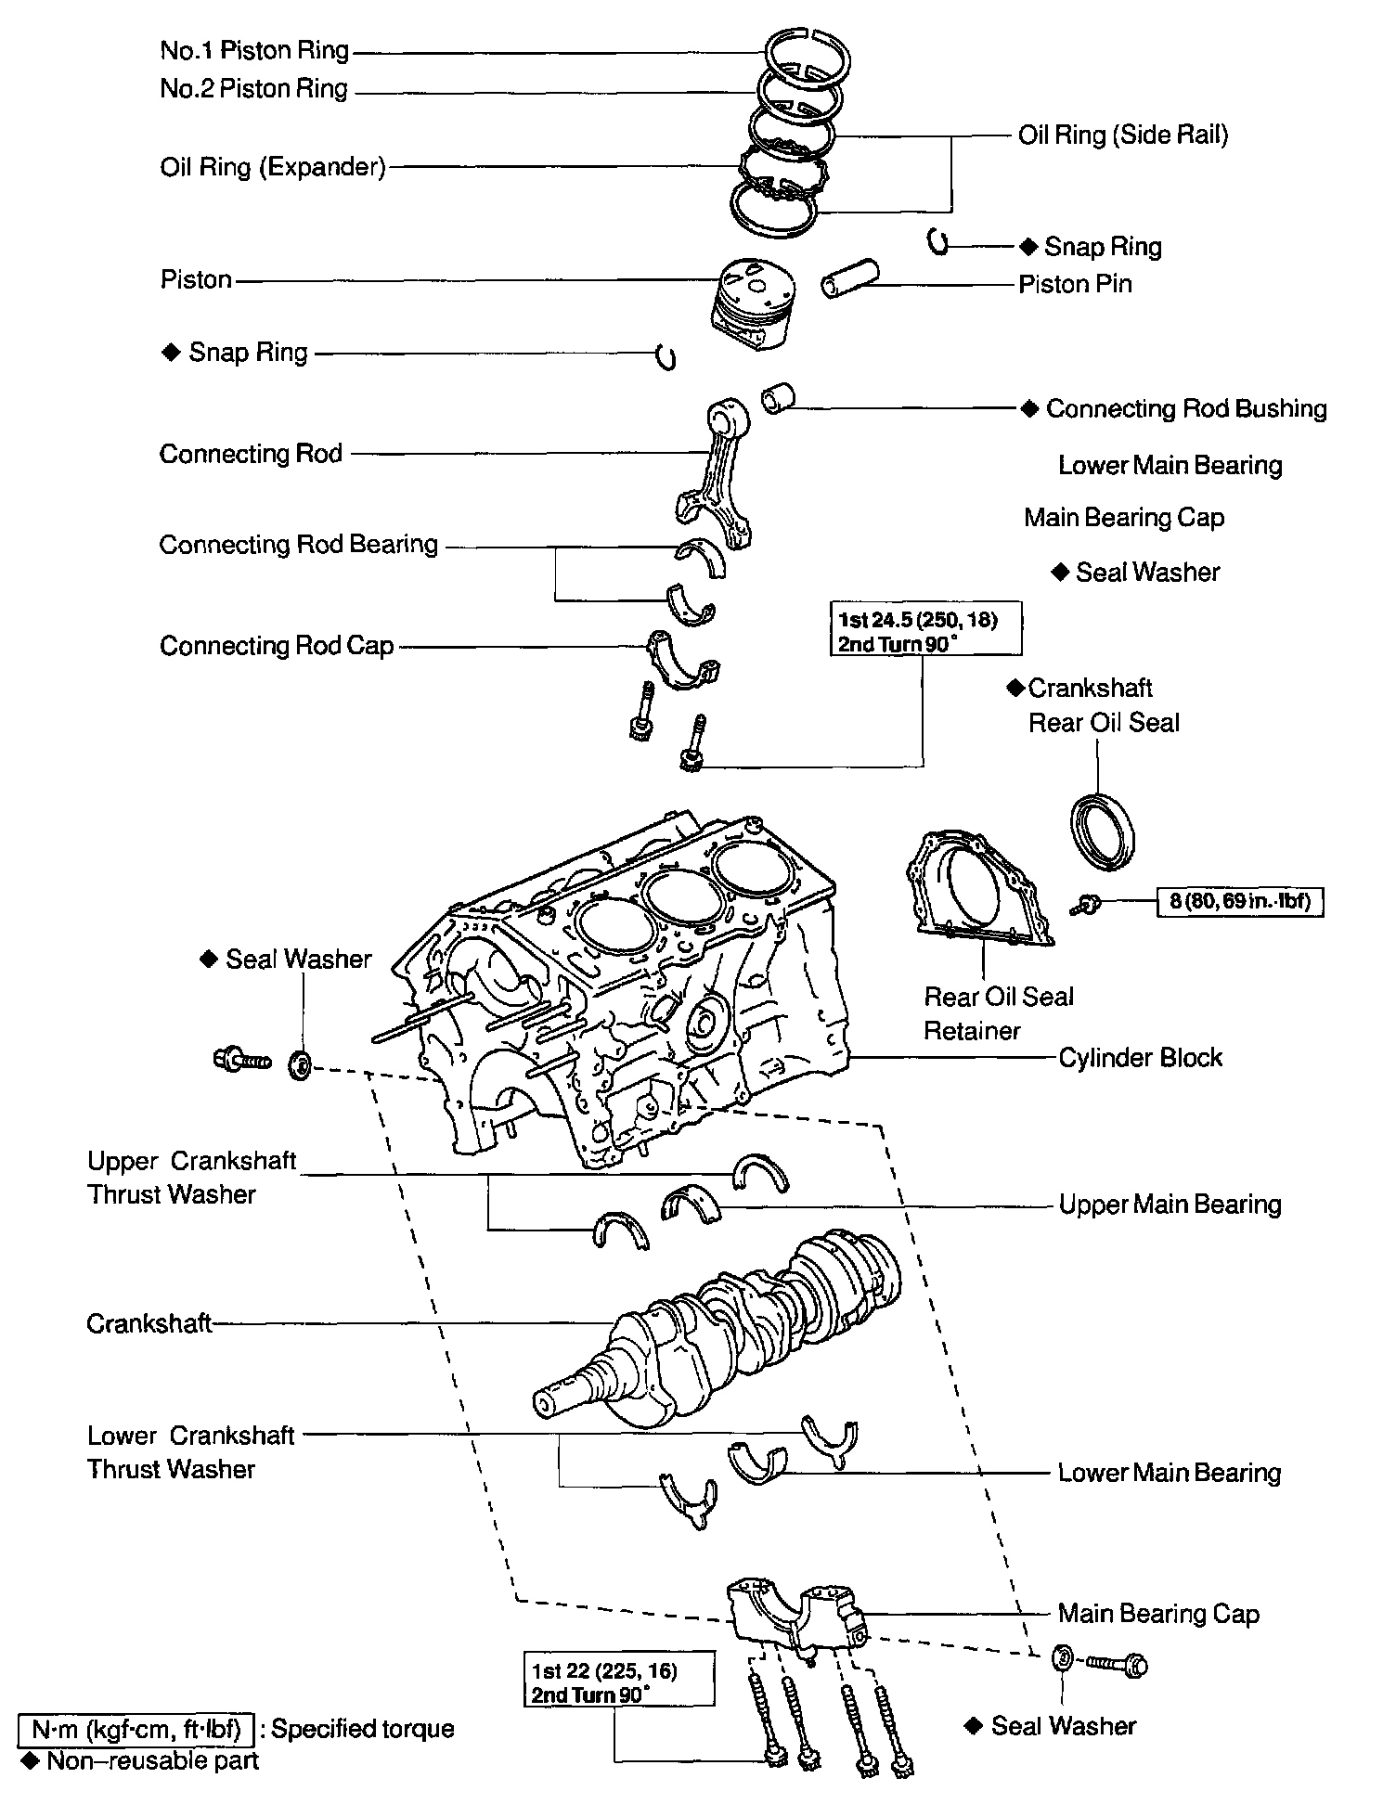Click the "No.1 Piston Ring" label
pos(254,50)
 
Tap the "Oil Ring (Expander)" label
pos(272,167)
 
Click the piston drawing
pos(753,302)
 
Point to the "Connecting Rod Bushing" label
pos(1185,409)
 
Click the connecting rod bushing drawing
pos(777,397)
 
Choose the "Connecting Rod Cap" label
pos(277,646)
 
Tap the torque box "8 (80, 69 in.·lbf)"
pos(1239,901)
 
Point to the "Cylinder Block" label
pos(1140,1058)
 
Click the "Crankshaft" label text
pos(149,1323)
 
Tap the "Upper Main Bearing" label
pos(1170,1205)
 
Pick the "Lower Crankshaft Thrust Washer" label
pos(190,1452)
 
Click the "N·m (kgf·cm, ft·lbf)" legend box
pos(136,1729)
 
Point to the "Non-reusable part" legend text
pos(152,1761)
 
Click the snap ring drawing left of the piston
pos(665,356)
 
